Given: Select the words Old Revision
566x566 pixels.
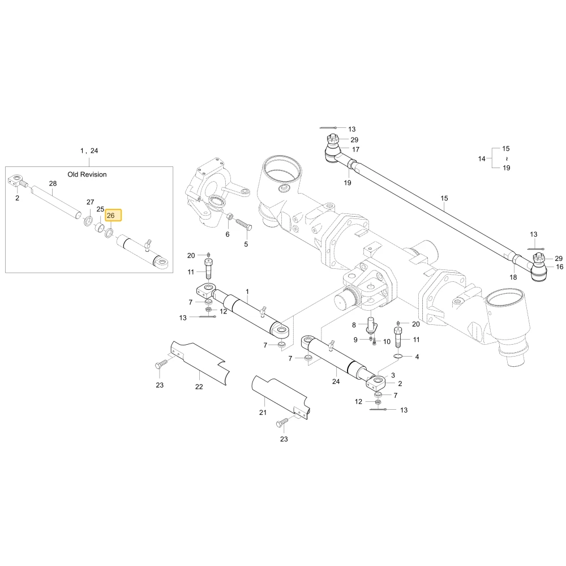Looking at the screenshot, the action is (x=87, y=174).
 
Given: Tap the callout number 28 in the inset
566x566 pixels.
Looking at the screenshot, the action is (x=53, y=183).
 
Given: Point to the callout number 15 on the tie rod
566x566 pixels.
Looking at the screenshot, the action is (x=444, y=198).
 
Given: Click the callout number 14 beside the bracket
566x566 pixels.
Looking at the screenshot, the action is (x=482, y=158).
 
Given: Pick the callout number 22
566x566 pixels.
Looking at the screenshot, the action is (x=199, y=387).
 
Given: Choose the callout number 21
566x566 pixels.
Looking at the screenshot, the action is (x=263, y=412).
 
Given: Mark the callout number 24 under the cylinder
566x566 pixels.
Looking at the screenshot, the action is (x=336, y=381).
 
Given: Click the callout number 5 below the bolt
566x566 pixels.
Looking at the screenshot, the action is (x=246, y=245).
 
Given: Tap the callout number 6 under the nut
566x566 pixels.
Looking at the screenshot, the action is (x=228, y=234).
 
